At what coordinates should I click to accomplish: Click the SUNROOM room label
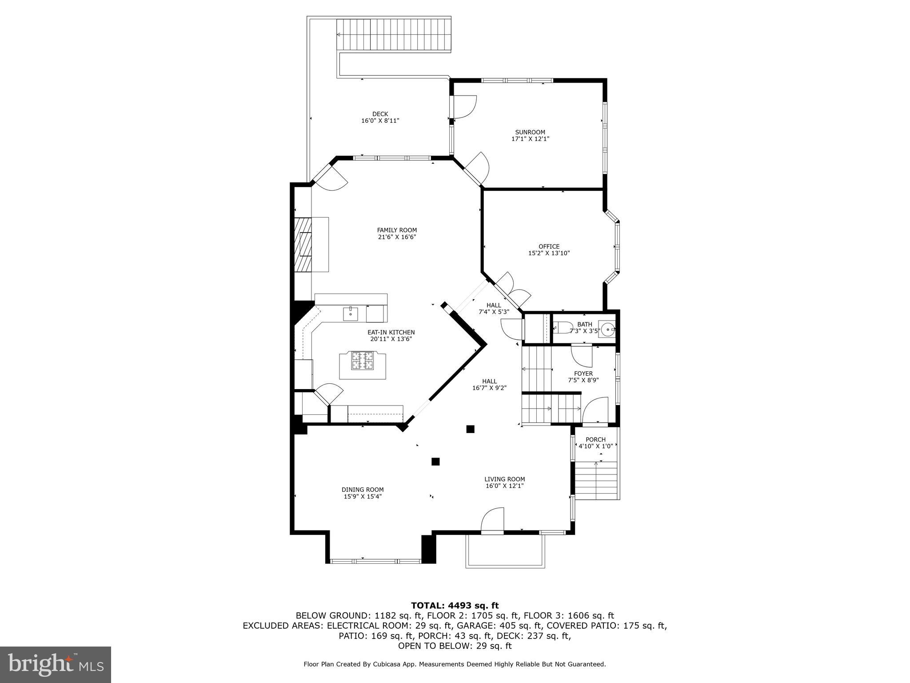click(530, 132)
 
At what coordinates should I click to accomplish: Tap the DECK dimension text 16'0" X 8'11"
click(380, 121)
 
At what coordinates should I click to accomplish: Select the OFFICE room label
click(549, 246)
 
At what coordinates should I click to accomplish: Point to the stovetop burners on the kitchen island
click(362, 361)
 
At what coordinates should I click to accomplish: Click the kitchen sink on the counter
click(350, 314)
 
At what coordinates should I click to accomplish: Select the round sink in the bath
click(607, 330)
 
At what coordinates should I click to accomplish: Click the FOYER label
click(583, 374)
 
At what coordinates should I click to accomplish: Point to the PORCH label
click(595, 439)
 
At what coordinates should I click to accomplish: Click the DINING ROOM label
click(362, 490)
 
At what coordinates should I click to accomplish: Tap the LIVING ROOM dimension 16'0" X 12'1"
click(504, 486)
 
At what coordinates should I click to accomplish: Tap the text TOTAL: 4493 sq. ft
click(455, 606)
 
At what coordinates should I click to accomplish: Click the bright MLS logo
click(56, 664)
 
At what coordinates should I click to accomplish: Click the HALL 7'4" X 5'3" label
click(493, 309)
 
